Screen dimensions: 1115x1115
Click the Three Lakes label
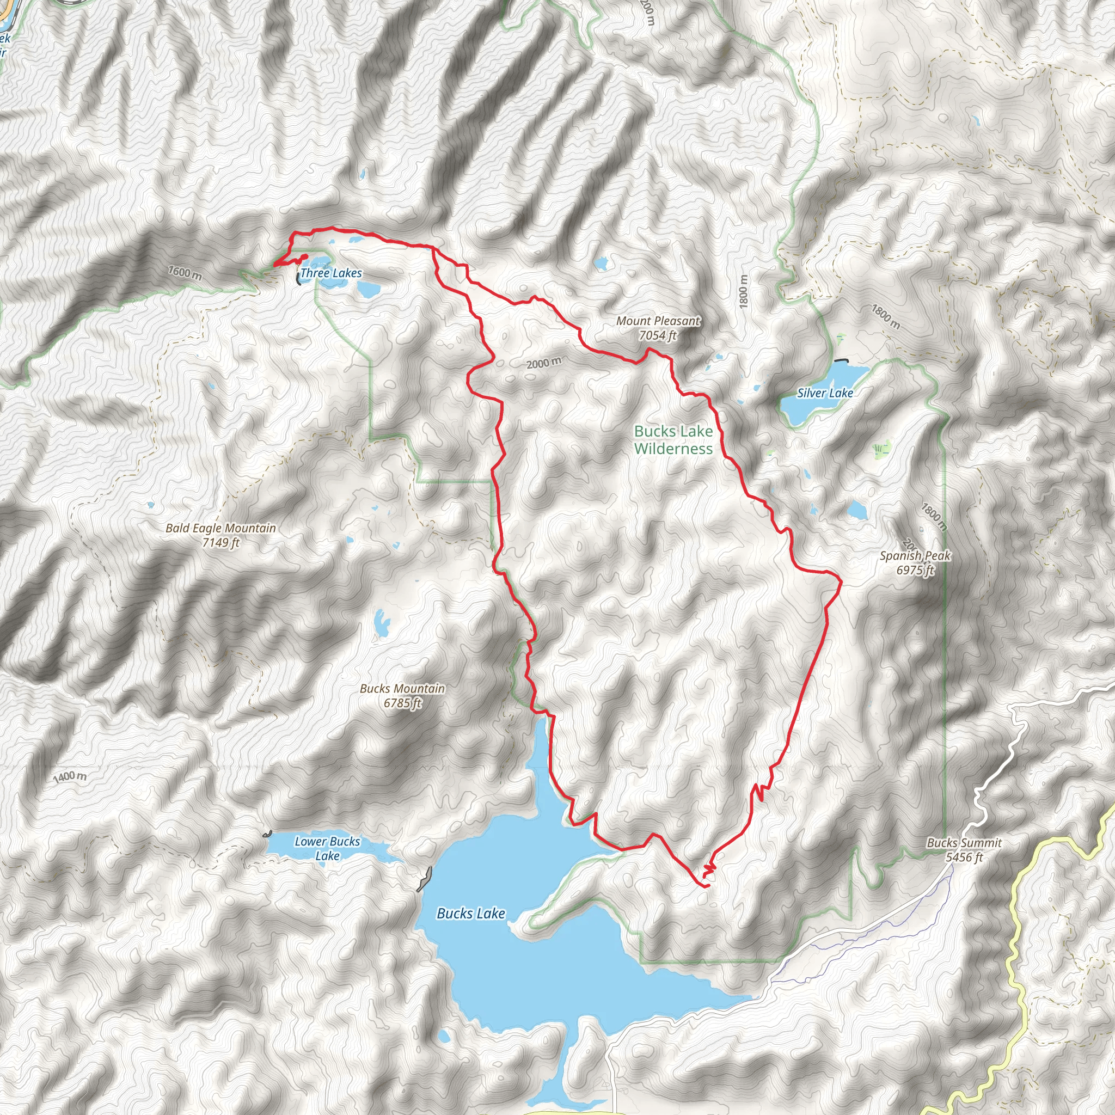pyautogui.click(x=330, y=273)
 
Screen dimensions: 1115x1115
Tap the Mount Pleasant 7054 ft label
pyautogui.click(x=658, y=328)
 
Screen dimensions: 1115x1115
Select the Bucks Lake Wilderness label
pyautogui.click(x=673, y=440)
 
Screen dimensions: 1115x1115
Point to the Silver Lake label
pyautogui.click(x=825, y=393)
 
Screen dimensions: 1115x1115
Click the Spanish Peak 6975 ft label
pyautogui.click(x=915, y=563)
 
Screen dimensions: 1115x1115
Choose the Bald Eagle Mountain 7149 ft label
pyautogui.click(x=220, y=535)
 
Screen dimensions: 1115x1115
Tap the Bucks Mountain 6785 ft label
pyautogui.click(x=402, y=695)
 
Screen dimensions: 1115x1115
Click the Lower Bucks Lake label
pyautogui.click(x=327, y=848)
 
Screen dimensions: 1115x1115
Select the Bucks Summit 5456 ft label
pyautogui.click(x=964, y=849)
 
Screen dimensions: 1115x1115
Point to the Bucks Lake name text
pyautogui.click(x=471, y=913)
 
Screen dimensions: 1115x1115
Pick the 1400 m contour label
pyautogui.click(x=70, y=777)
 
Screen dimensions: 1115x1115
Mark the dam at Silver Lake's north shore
pyautogui.click(x=842, y=360)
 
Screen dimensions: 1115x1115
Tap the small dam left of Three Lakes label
pyautogui.click(x=298, y=279)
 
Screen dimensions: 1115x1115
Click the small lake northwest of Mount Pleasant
pyautogui.click(x=602, y=264)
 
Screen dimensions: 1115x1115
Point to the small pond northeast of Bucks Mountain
pyautogui.click(x=381, y=623)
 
